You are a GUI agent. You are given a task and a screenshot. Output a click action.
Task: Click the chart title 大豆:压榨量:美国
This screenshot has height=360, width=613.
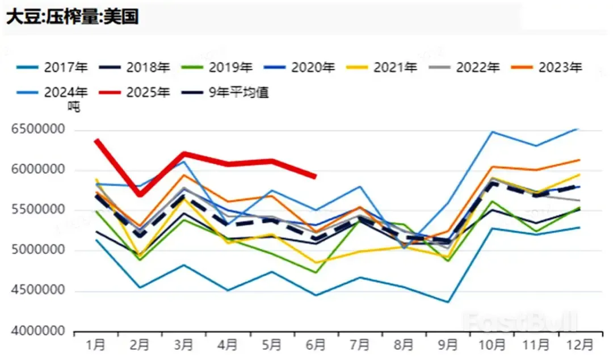pyautogui.click(x=72, y=16)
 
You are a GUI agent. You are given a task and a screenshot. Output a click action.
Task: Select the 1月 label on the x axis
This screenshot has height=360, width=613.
pyautogui.click(x=95, y=345)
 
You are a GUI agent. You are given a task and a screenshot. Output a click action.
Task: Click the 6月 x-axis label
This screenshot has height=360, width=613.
pyautogui.click(x=316, y=345)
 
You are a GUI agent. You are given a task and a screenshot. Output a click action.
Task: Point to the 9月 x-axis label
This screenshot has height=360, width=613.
pyautogui.click(x=448, y=345)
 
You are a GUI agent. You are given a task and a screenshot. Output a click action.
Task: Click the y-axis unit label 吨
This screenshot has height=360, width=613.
pyautogui.click(x=74, y=106)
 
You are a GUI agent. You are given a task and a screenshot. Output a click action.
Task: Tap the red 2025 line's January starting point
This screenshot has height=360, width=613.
pyautogui.click(x=96, y=140)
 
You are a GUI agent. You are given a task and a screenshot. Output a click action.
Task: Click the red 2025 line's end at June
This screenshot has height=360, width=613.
pyautogui.click(x=316, y=177)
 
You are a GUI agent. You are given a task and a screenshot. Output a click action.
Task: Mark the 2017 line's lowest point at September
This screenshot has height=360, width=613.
pyautogui.click(x=448, y=302)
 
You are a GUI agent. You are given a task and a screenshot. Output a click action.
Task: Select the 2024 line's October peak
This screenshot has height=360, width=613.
pyautogui.click(x=492, y=132)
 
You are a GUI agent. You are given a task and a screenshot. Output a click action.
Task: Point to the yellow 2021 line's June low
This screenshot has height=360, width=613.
pyautogui.click(x=316, y=263)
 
